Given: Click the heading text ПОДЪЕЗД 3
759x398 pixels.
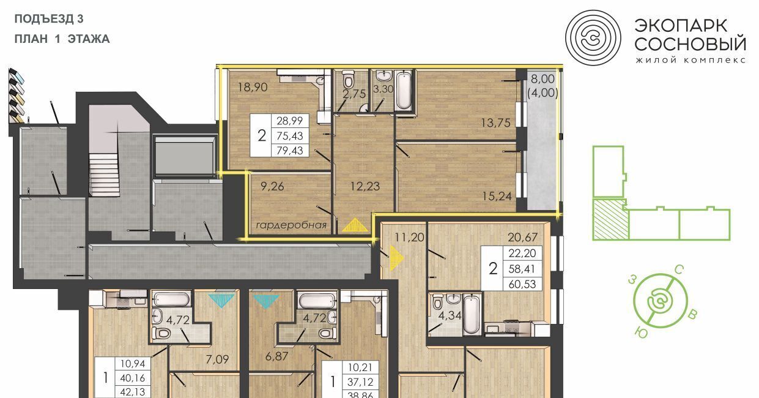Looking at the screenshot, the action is pos(49,19).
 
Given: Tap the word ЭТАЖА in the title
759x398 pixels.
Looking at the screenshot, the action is pos(89,39).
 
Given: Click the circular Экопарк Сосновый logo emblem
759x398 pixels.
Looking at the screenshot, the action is pos(593,38).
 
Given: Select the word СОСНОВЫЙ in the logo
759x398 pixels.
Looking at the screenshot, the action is pos(691,43).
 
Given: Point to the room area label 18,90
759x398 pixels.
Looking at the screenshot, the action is pos(253,87).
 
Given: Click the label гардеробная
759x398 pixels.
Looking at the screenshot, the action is pos(291,225).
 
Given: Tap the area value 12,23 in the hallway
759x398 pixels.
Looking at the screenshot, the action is pos(365,186).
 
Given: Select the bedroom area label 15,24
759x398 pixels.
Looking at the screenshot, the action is pos(497,196).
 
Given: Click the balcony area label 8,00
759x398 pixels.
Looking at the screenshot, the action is pos(542,79).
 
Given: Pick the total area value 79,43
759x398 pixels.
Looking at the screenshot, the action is pos(290,150).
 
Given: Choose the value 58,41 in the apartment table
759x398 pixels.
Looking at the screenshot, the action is pos(522,269).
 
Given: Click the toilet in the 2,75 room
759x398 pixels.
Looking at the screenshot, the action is pos(348,79).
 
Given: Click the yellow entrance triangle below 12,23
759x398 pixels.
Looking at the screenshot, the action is pos(355,225).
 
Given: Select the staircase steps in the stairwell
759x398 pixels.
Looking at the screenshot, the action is pos(105,175).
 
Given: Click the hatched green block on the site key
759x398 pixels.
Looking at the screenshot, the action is pos(610,220).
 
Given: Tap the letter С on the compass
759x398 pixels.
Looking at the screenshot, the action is pos(679,270).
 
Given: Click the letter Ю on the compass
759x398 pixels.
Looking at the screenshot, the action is pos(641,332).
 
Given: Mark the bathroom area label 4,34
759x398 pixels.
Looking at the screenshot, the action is pos(450,315).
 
